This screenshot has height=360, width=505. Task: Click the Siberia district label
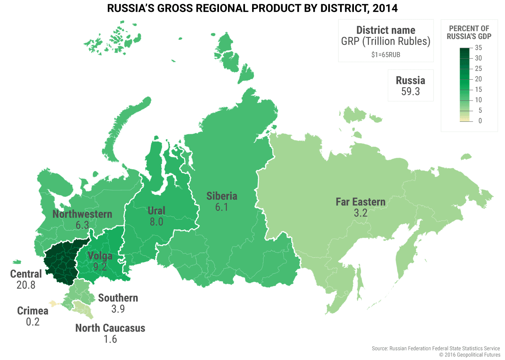point(222,196)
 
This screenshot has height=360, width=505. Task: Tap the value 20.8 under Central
point(26,285)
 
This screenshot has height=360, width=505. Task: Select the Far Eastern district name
point(360,202)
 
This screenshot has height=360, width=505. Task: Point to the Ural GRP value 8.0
point(156,222)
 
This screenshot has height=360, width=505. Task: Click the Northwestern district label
point(82,215)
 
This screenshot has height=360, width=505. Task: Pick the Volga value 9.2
point(100,267)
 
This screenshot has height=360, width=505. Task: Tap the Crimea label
point(33,311)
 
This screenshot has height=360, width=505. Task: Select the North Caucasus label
point(110,328)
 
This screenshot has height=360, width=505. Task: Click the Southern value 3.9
point(118,309)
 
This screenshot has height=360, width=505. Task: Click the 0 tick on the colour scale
point(480,121)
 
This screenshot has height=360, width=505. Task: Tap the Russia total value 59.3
point(410,92)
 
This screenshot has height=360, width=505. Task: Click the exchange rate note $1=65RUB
point(385,55)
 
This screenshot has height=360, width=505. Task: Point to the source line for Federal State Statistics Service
point(436,349)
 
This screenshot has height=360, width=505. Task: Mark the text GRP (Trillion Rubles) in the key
point(385,41)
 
